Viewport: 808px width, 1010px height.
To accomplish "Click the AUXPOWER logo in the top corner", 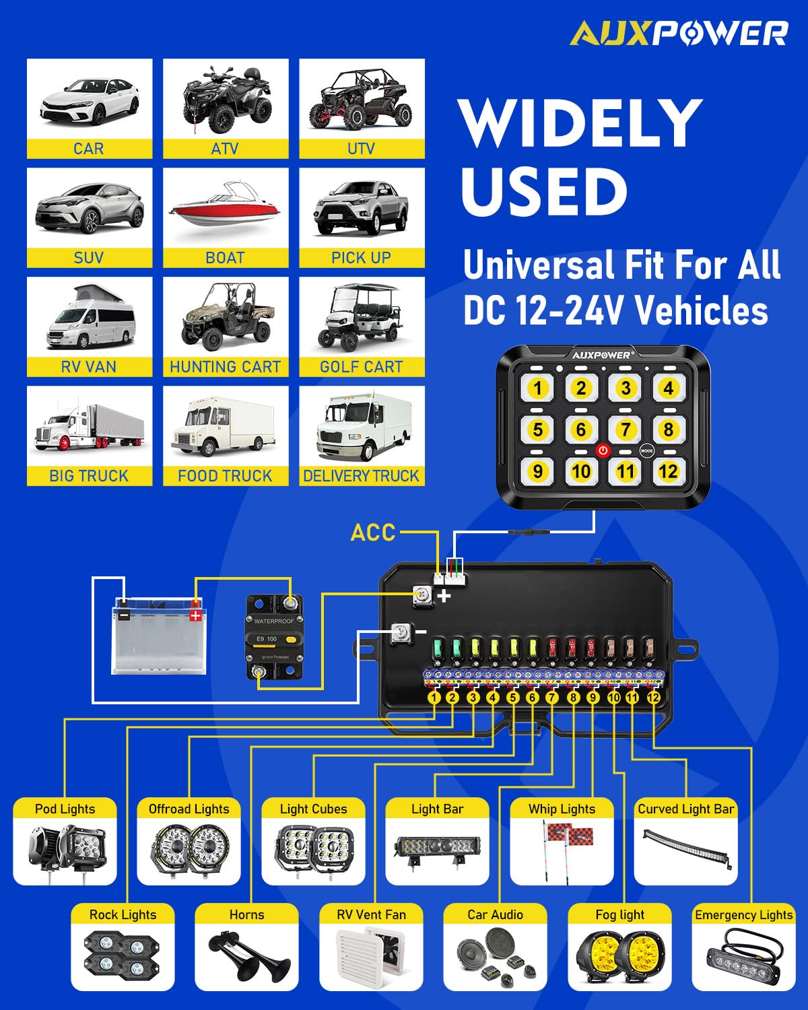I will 679,34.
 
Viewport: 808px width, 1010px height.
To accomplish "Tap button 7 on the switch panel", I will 626,430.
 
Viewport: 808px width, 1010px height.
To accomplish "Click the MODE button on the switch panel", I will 646,450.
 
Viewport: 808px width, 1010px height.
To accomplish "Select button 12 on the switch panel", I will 668,471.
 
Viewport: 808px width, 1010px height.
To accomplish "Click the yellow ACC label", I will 373,533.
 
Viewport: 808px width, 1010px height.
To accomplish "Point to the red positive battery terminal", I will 195,613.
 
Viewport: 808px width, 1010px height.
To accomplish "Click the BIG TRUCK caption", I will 89,476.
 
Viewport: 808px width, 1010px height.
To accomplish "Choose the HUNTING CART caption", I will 225,367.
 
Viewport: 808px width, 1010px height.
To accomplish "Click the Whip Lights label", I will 562,809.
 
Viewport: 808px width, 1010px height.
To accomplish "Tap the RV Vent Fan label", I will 371,914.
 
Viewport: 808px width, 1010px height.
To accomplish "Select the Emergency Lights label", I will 743,914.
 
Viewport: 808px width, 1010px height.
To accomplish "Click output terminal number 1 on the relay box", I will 434,698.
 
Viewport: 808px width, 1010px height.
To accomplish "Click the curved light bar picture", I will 685,848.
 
